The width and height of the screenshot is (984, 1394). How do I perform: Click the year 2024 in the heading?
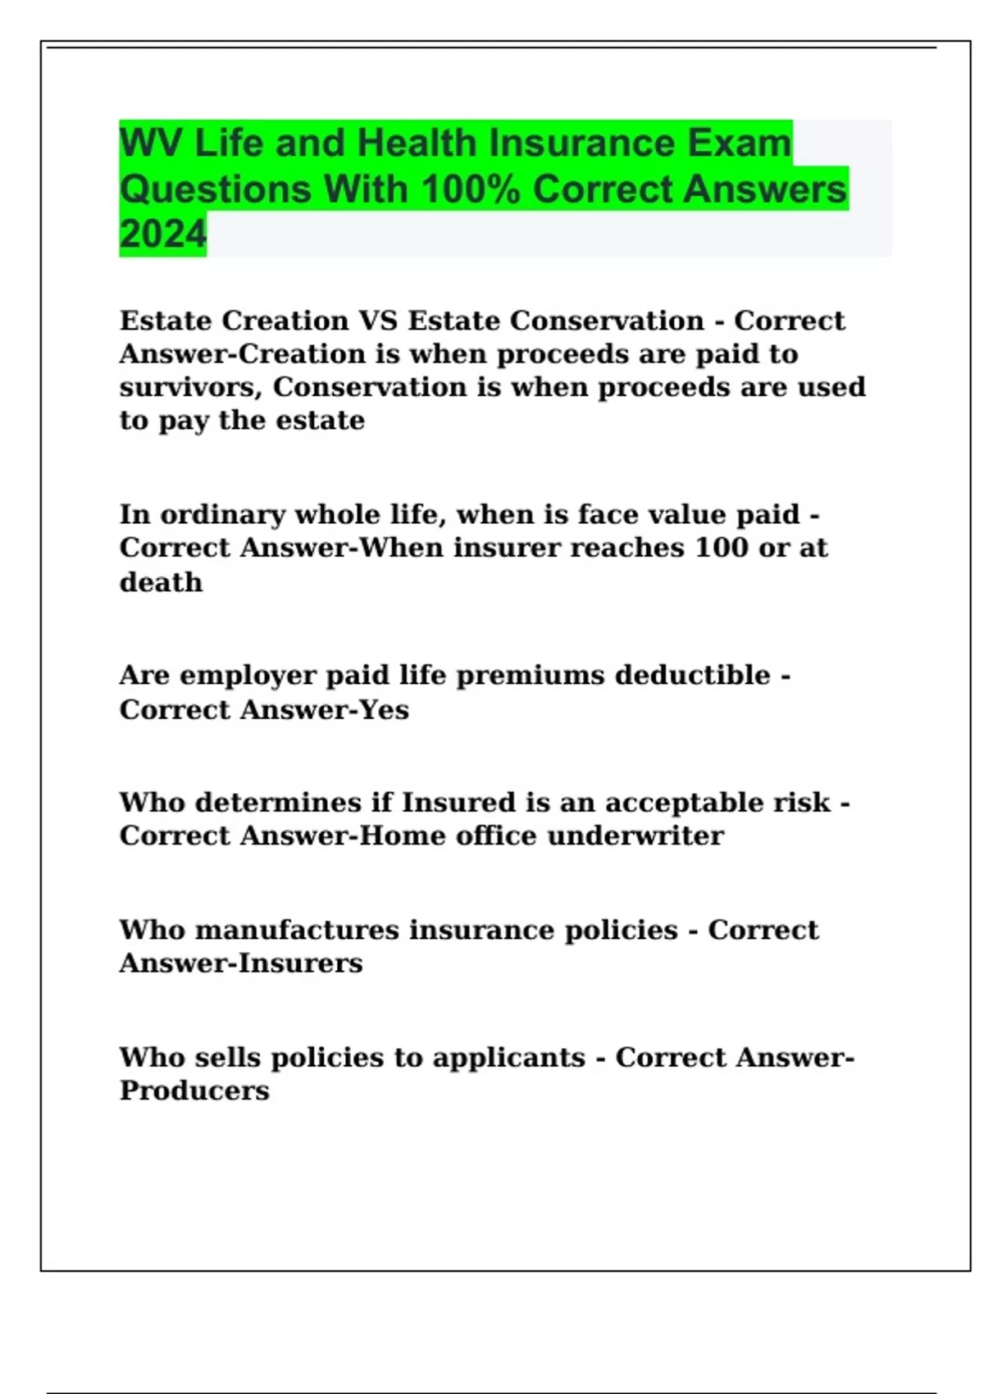[x=162, y=234]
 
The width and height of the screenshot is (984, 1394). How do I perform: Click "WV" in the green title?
[x=150, y=143]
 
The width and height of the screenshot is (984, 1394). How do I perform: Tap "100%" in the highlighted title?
[x=470, y=189]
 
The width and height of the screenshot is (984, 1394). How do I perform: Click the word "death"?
[x=161, y=582]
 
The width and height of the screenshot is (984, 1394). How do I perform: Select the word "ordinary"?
[x=223, y=515]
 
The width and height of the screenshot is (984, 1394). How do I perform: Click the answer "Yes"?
[x=384, y=709]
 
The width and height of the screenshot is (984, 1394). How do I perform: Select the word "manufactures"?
[x=297, y=930]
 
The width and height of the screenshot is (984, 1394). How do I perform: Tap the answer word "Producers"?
[x=194, y=1091]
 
